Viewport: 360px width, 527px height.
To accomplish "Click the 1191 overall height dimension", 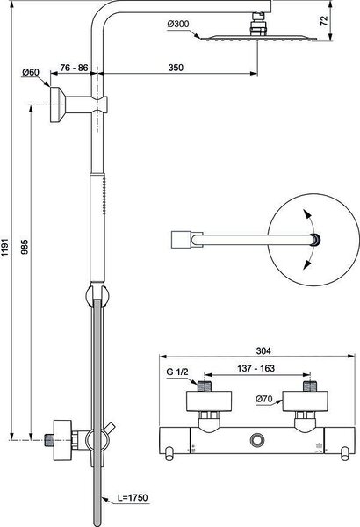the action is click(x=5, y=249).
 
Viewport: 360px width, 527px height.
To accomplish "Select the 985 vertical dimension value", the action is click(x=25, y=246).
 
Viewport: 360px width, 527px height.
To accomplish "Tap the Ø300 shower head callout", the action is click(x=178, y=25).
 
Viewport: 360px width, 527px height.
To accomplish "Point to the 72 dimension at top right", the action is click(x=324, y=21).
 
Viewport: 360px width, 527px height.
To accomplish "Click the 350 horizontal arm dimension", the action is click(x=176, y=68).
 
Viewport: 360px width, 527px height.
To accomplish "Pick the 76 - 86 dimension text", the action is click(x=74, y=68).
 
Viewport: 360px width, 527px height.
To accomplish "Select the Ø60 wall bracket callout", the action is click(x=31, y=72).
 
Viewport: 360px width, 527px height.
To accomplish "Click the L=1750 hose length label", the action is click(x=133, y=497).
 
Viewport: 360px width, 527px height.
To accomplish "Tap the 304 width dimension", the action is click(x=263, y=350).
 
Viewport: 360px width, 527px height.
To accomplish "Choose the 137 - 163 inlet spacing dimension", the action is click(x=256, y=368).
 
